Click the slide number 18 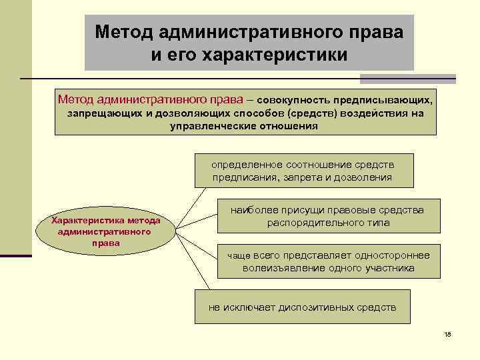click(x=447, y=334)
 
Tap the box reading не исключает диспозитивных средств click(x=302, y=307)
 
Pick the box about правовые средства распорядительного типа click(x=328, y=216)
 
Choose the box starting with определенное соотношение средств click(x=303, y=171)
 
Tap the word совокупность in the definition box click(x=287, y=101)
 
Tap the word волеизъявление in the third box click(x=289, y=268)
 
